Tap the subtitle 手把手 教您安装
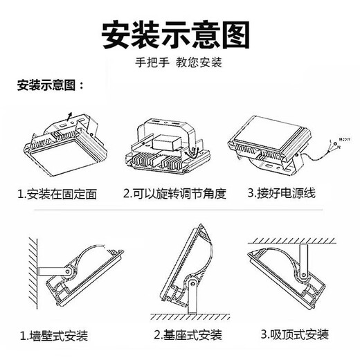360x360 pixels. [178, 62]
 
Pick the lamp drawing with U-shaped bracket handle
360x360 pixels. [165, 142]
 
